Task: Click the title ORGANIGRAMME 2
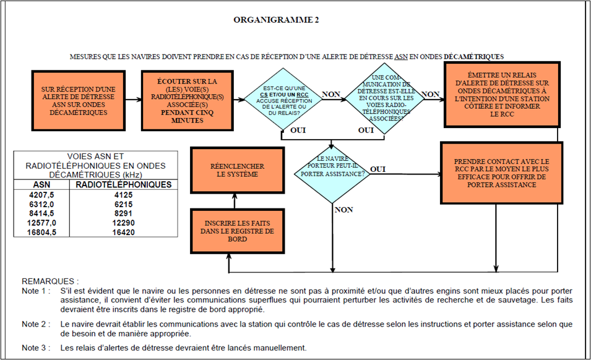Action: tap(276, 20)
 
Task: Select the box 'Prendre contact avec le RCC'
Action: tap(502, 173)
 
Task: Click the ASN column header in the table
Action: tap(40, 184)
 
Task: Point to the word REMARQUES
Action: tap(50, 280)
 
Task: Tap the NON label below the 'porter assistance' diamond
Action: tap(343, 210)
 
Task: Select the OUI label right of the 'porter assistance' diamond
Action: tap(378, 168)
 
